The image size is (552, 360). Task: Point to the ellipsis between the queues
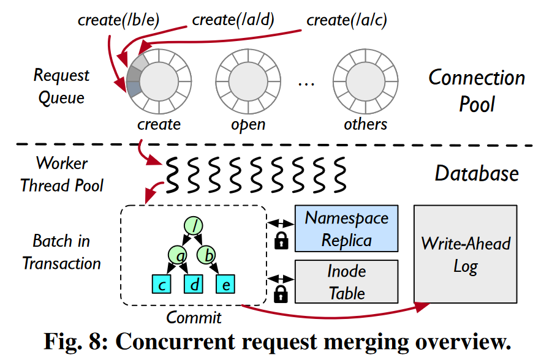coord(306,84)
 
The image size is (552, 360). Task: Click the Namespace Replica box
coord(346,228)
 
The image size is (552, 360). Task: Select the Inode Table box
coord(346,282)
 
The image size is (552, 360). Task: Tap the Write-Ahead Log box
coord(465,255)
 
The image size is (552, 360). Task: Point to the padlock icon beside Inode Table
coord(281,294)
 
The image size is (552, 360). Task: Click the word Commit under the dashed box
coord(194,317)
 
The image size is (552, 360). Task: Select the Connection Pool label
coord(477,91)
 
